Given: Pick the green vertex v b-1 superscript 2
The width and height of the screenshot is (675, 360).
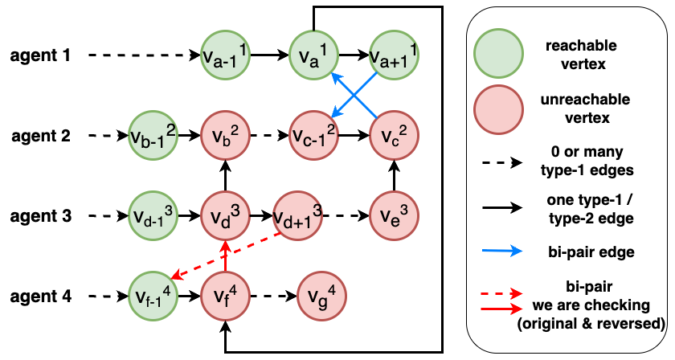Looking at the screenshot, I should click(153, 135).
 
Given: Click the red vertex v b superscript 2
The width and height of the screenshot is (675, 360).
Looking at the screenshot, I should click(226, 135).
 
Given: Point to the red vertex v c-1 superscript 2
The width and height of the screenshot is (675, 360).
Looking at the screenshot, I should click(313, 135).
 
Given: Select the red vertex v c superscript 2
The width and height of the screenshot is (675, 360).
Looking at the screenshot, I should click(394, 135).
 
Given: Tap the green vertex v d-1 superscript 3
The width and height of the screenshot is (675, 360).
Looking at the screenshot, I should click(153, 215).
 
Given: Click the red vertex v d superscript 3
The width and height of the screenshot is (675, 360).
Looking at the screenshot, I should click(226, 215).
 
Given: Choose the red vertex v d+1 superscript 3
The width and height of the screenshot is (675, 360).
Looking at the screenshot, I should click(298, 215).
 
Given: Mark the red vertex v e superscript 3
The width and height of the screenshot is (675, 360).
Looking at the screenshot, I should click(394, 215).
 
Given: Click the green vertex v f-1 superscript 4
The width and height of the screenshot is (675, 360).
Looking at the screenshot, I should click(153, 295).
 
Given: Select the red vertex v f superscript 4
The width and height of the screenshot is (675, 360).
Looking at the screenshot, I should click(226, 295).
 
